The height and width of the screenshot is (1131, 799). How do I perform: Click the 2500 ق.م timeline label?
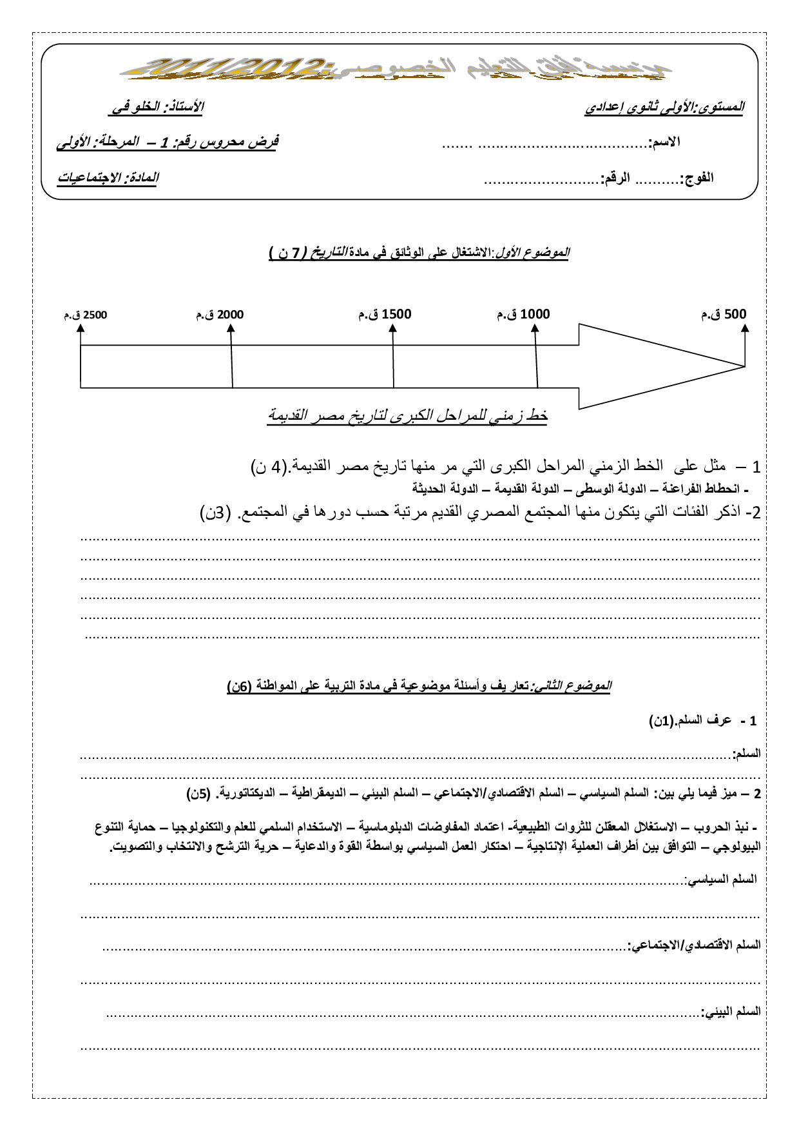pos(86,315)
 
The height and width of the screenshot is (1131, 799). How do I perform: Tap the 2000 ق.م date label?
pos(220,315)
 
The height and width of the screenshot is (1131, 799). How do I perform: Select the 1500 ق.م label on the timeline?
pos(385,314)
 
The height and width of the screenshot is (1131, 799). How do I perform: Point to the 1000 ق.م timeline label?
pos(523,314)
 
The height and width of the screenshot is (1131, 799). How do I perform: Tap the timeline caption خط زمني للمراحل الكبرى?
pos(407,416)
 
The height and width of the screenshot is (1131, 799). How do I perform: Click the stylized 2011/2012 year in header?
pos(238,66)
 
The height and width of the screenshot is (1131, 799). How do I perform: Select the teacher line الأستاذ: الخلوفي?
pos(155,107)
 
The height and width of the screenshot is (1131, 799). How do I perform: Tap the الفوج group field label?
pos(697,178)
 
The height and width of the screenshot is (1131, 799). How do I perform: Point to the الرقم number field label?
pos(615,178)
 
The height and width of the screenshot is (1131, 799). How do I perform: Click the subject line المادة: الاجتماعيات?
pos(108,177)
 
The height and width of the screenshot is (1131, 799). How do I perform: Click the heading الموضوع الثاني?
pos(572,686)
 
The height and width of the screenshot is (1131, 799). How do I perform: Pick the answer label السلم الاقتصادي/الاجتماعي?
pos(694,945)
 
